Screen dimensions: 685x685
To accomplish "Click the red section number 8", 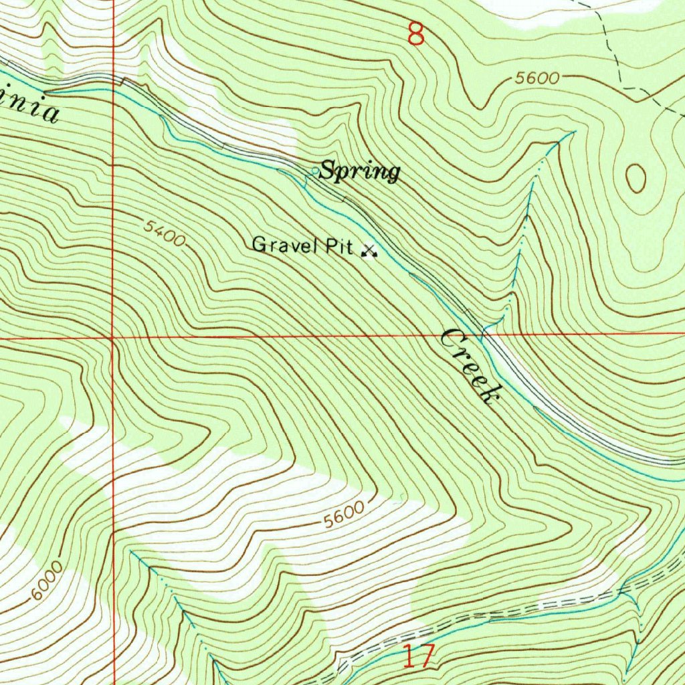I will click(x=416, y=34).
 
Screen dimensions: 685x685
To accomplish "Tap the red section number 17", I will click(x=419, y=656).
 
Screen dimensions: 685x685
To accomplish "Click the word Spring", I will click(x=359, y=172).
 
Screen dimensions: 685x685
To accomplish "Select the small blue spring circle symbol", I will click(x=314, y=172).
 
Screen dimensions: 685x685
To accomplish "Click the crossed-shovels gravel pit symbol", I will click(x=368, y=251).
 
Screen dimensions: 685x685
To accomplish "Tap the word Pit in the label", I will click(x=339, y=246).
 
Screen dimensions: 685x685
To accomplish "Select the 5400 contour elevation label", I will click(x=164, y=233).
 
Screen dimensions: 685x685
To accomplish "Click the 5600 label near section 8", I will click(x=536, y=78).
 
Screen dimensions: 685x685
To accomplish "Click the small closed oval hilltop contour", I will click(x=635, y=178).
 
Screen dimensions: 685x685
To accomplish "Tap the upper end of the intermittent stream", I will click(x=574, y=132).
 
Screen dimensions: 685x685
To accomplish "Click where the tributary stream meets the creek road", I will click(x=484, y=329).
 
